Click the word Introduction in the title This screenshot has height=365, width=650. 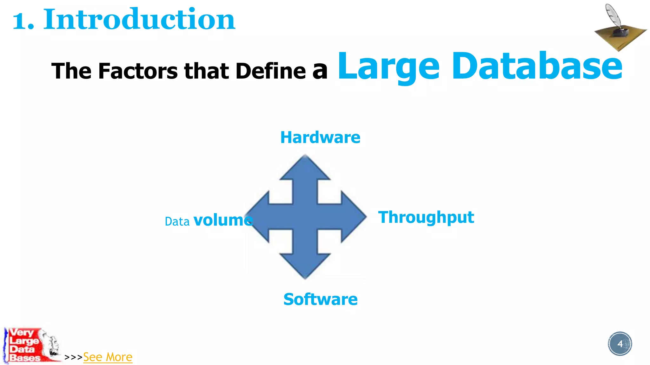pyautogui.click(x=139, y=20)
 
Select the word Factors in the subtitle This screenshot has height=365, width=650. pyautogui.click(x=138, y=71)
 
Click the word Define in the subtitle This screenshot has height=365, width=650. pyautogui.click(x=270, y=71)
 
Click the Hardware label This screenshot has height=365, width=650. pyautogui.click(x=320, y=138)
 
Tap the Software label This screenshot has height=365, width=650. pyautogui.click(x=320, y=299)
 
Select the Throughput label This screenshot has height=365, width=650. pyautogui.click(x=426, y=218)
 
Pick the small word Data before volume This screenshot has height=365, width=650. pyautogui.click(x=177, y=221)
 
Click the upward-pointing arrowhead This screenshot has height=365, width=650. pyautogui.click(x=305, y=168)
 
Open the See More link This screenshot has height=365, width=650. pyautogui.click(x=108, y=357)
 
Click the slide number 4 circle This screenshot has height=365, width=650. pyautogui.click(x=620, y=344)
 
